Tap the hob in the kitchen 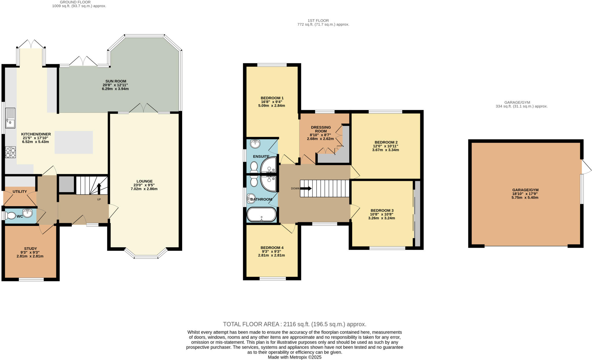coord(10,152)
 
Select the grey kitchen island coord(74,142)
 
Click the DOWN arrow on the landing coord(306,188)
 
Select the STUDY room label coord(30,248)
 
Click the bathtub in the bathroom coord(261,215)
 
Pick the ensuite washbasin coord(255,144)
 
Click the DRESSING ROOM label coord(321,129)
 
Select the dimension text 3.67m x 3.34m coord(386,150)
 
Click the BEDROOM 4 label coord(272,248)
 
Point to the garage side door coord(587,167)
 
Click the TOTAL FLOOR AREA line coord(294,324)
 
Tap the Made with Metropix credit coord(294,357)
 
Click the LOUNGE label coord(145,181)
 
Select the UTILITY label coord(20,192)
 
